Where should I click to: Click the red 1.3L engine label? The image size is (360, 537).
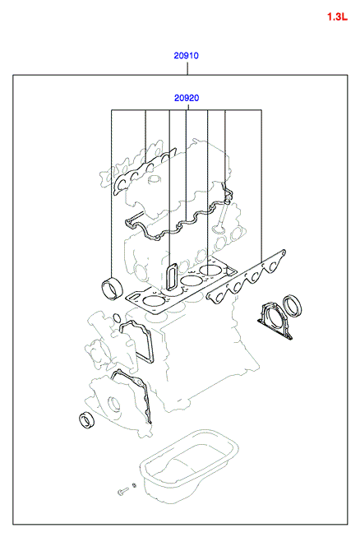pos(338,16)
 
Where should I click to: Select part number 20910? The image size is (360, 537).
pos(186,55)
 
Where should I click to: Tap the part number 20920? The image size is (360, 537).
pos(187,98)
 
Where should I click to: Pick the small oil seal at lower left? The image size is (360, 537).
pos(87,420)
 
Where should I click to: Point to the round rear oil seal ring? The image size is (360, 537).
pos(292,305)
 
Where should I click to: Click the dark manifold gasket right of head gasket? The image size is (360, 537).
pos(246,277)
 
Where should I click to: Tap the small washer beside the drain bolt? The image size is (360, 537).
pos(134,485)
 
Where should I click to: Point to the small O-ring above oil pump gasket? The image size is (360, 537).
pos(117,317)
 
